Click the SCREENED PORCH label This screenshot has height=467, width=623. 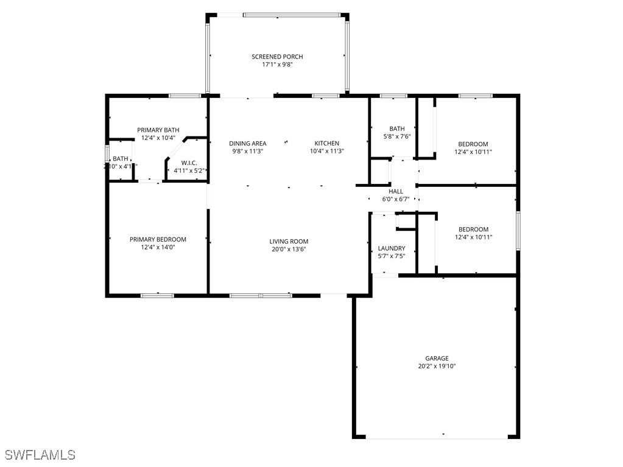click(277, 57)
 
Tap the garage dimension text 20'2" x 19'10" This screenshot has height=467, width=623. click(437, 367)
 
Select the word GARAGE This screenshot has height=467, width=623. click(437, 359)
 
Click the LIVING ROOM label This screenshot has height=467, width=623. click(289, 242)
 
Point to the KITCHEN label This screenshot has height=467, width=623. click(327, 144)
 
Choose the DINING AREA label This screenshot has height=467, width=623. click(248, 144)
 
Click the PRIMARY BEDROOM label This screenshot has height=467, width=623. click(158, 239)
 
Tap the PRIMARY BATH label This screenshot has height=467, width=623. click(158, 130)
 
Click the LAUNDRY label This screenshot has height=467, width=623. click(392, 248)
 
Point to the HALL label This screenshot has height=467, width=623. click(396, 191)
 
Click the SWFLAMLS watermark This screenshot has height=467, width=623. click(40, 455)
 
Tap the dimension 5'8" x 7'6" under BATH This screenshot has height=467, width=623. click(396, 136)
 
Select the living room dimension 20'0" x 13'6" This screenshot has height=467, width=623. click(289, 249)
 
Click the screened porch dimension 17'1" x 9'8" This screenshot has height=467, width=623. click(277, 65)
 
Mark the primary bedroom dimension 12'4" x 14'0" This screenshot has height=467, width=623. click(158, 247)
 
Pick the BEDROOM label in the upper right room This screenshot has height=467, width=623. click(473, 144)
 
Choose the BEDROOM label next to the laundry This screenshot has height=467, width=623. click(473, 230)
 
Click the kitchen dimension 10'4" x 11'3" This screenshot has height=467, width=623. click(327, 152)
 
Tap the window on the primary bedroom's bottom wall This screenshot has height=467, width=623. click(158, 295)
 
